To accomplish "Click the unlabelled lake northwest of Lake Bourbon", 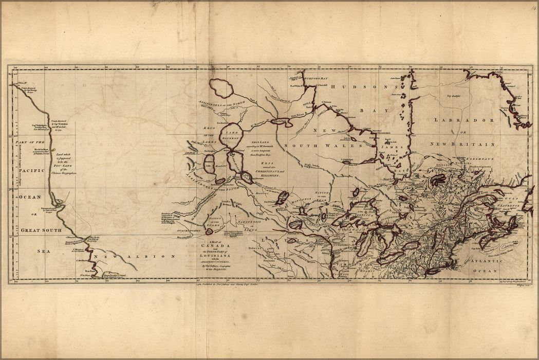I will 221,88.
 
